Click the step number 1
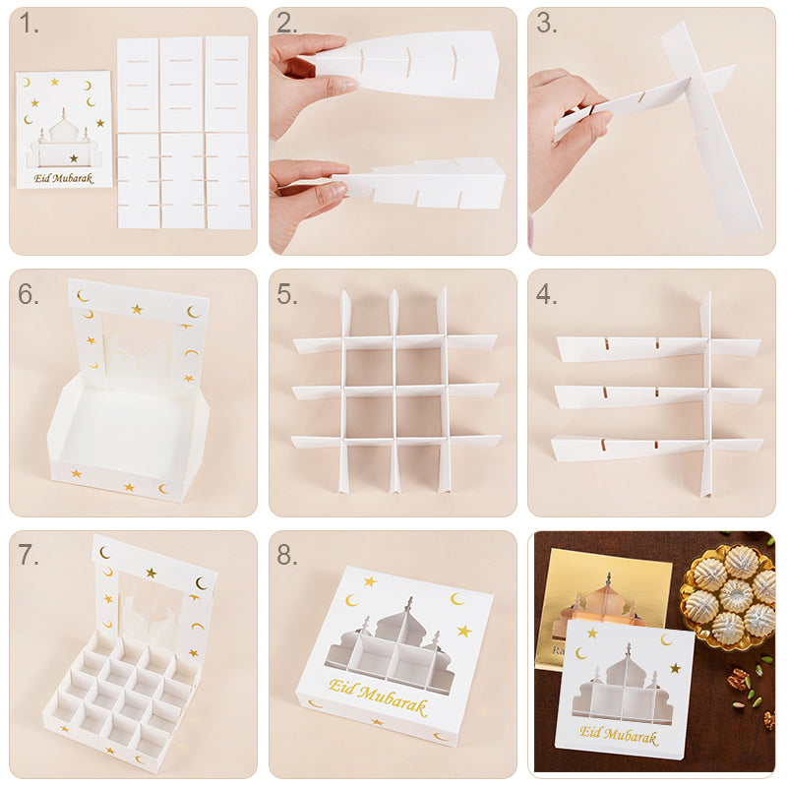click(29, 24)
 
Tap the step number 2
click(287, 24)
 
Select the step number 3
click(547, 24)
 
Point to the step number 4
click(547, 294)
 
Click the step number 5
click(287, 294)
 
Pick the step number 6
click(29, 294)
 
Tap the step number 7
click(29, 555)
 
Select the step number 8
click(287, 555)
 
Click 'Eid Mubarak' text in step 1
click(64, 178)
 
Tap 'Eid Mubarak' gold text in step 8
click(378, 696)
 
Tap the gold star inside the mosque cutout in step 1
click(74, 158)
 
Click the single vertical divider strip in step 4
click(705, 394)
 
